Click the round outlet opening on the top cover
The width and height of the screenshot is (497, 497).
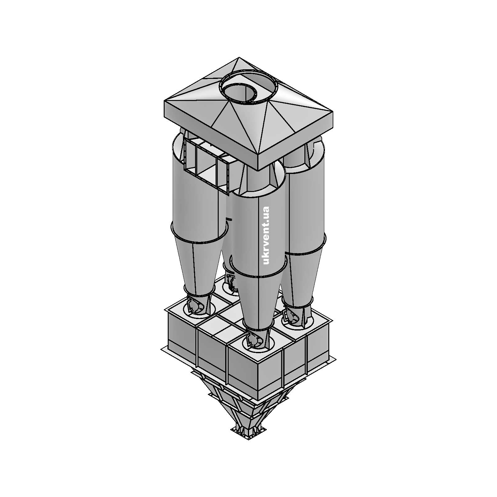pyautogui.click(x=248, y=86)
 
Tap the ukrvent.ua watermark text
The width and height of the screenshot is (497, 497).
pyautogui.click(x=266, y=235)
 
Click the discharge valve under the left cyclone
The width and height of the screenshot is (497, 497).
pyautogui.click(x=197, y=306)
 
